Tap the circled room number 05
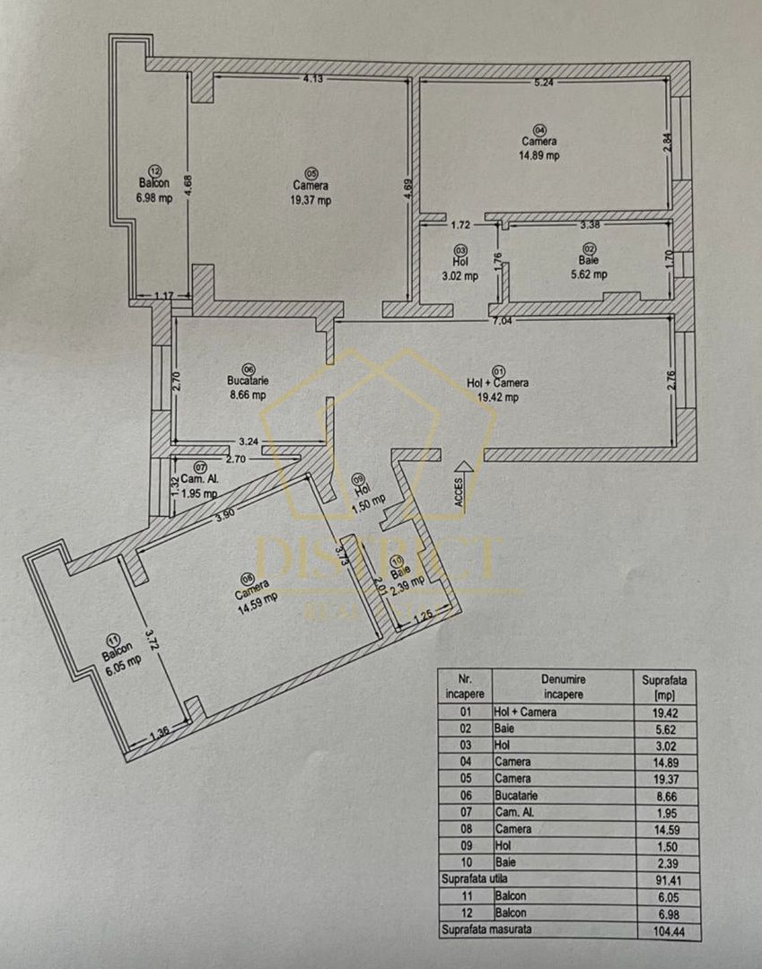311,173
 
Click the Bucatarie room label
248,380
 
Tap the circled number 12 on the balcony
154,169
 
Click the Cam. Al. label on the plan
199,479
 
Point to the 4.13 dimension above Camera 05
312,80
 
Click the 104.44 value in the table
664,930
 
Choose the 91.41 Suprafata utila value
664,879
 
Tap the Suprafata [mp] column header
664,687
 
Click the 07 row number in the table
464,812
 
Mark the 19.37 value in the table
664,778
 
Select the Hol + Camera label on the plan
498,382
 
